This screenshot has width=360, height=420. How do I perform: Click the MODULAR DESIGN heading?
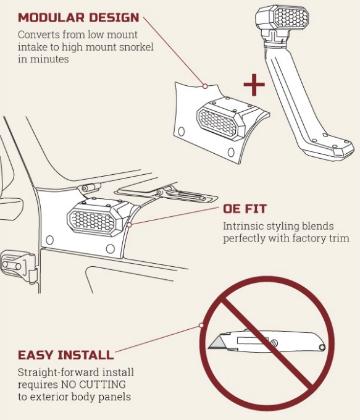click(x=78, y=18)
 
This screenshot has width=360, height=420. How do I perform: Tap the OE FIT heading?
click(x=245, y=209)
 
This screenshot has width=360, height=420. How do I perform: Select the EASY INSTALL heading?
click(x=66, y=355)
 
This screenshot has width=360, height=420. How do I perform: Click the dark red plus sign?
click(x=254, y=85)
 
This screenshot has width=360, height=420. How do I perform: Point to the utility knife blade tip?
click(x=209, y=348)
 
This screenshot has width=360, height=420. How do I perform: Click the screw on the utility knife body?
click(x=274, y=343)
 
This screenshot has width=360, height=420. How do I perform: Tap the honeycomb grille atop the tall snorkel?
click(x=291, y=17)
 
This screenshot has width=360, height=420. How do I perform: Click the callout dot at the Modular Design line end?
click(x=205, y=86)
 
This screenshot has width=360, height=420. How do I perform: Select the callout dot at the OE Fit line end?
click(x=129, y=225)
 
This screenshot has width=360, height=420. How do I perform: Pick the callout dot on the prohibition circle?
click(x=201, y=325)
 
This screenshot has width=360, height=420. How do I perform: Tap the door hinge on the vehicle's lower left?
click(x=18, y=266)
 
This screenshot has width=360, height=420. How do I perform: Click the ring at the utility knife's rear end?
click(x=322, y=347)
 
